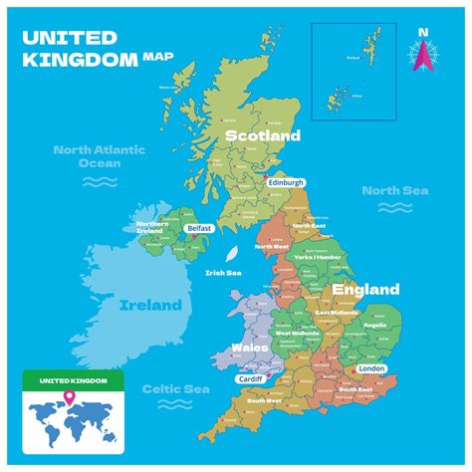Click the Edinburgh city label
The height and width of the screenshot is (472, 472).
(285, 183)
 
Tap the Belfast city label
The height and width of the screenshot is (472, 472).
(199, 228)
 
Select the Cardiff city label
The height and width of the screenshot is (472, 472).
(250, 378)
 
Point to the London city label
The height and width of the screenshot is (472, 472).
(369, 367)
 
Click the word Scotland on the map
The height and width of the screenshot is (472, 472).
(263, 135)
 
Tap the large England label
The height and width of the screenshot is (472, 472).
(365, 290)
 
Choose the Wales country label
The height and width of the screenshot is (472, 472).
(250, 349)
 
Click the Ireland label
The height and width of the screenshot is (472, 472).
(150, 305)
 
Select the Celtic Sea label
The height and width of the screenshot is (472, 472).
(167, 389)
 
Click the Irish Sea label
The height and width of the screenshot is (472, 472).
(223, 273)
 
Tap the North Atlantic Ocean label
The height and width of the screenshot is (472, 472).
(100, 156)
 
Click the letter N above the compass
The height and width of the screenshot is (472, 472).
(423, 32)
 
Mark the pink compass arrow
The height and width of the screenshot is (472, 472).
(423, 57)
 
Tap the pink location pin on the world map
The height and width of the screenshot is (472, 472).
(70, 400)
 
